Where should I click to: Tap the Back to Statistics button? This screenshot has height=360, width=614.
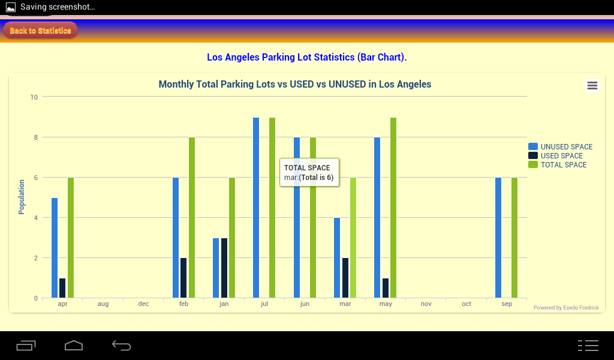click(x=40, y=31)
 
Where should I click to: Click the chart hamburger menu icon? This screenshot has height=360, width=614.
click(x=592, y=86)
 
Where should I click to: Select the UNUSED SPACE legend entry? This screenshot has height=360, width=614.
click(x=560, y=147)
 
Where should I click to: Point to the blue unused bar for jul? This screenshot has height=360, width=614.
click(x=256, y=207)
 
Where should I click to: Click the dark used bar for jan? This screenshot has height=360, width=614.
click(x=224, y=268)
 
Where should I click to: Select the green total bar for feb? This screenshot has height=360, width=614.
click(x=192, y=217)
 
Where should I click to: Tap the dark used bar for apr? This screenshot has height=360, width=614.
click(x=62, y=288)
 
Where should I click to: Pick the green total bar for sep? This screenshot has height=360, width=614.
click(x=514, y=237)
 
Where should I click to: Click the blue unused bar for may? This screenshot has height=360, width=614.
click(x=377, y=217)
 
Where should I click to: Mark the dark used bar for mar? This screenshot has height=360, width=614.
click(x=345, y=278)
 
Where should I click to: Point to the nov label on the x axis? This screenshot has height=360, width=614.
click(x=426, y=304)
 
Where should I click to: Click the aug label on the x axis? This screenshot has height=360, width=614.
click(x=103, y=304)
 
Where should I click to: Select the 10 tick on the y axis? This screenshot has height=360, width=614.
click(x=34, y=97)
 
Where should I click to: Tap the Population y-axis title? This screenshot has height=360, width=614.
click(x=22, y=197)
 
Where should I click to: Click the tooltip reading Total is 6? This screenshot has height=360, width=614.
click(x=309, y=173)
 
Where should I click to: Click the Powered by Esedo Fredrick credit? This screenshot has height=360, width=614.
click(x=566, y=308)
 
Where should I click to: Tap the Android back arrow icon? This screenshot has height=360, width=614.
click(x=121, y=345)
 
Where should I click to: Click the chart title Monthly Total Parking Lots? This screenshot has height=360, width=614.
click(x=294, y=85)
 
